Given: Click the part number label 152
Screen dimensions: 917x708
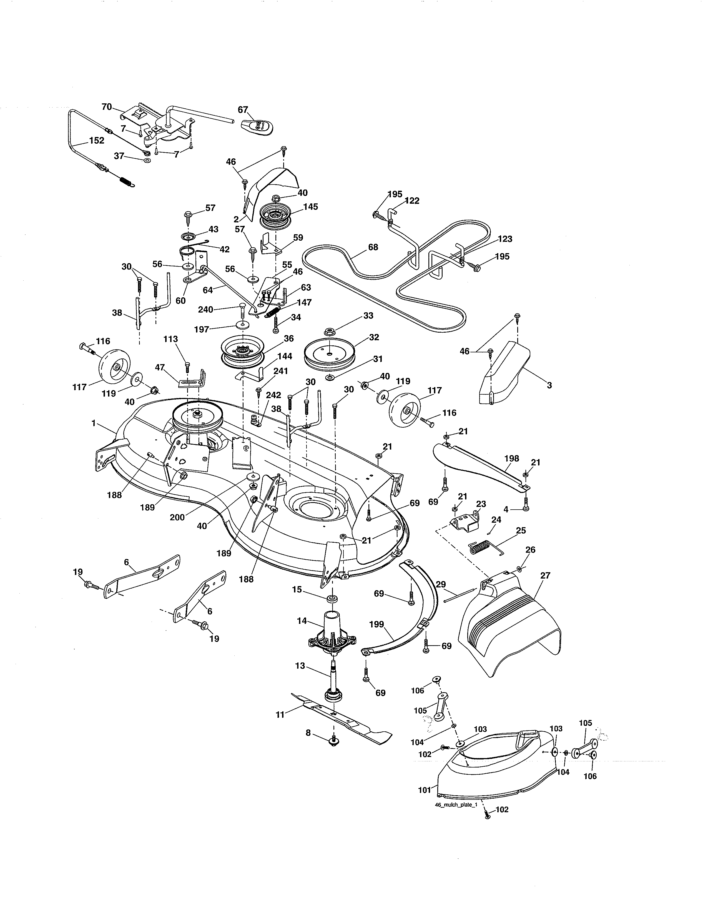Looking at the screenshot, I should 96,141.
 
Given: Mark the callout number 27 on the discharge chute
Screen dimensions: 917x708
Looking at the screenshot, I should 544,576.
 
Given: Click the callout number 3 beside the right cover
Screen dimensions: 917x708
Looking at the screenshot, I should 549,385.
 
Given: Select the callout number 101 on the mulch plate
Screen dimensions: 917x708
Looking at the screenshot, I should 425,790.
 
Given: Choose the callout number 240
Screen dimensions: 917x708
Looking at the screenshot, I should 205,310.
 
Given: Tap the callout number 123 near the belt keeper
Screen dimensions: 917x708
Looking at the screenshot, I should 505,239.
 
